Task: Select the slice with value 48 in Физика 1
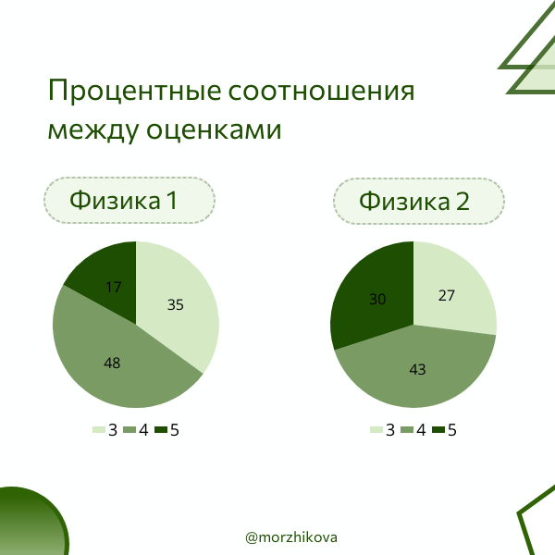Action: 116,356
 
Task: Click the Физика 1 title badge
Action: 129,201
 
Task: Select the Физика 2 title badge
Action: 418,201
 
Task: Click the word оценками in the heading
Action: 214,130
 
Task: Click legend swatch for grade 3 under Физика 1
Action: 98,430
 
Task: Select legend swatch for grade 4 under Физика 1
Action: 129,430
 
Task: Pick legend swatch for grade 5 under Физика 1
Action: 161,430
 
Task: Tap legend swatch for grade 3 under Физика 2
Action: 376,430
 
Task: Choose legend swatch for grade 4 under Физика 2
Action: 407,430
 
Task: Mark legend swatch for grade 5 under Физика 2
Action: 438,430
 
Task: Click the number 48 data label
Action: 112,364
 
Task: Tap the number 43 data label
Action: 417,369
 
